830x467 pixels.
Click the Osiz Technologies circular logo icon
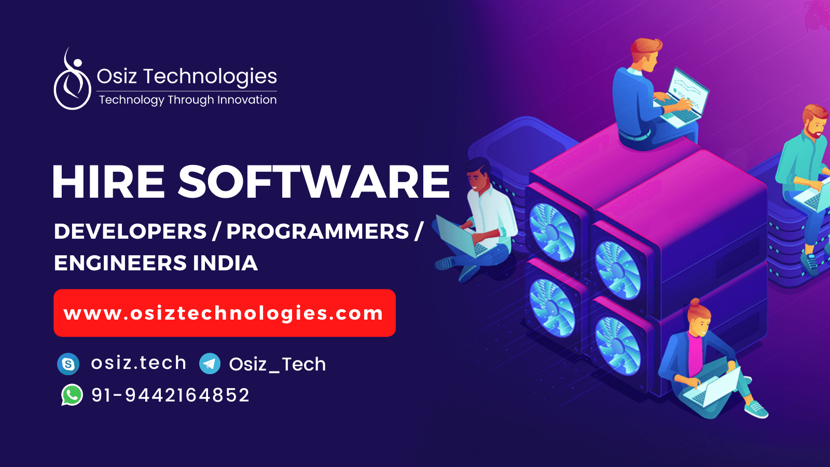[x=73, y=80]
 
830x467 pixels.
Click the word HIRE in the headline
[x=108, y=182]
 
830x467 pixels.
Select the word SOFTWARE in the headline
[x=314, y=182]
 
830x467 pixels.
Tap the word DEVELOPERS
[x=130, y=231]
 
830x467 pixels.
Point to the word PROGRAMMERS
[x=317, y=231]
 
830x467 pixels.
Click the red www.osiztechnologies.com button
[x=224, y=313]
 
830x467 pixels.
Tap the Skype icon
[x=68, y=364]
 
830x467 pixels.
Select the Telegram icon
[x=210, y=364]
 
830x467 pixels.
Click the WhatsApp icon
[x=72, y=395]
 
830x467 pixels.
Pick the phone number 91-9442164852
[x=170, y=395]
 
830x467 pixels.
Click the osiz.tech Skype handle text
[x=139, y=363]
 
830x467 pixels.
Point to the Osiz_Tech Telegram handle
[x=278, y=364]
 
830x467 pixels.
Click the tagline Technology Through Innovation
[x=188, y=100]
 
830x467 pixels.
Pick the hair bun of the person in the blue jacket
[x=694, y=302]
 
